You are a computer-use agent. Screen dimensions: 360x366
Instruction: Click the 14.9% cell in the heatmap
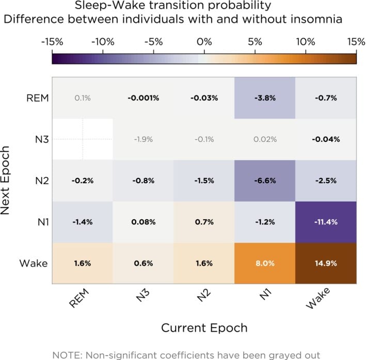coord(325,263)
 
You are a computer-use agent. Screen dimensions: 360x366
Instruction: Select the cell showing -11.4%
coord(325,222)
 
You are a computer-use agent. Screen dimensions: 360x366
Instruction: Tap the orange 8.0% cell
coord(264,263)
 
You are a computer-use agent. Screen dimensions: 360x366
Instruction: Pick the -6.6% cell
coord(264,181)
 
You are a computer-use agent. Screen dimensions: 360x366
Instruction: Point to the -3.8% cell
coord(264,98)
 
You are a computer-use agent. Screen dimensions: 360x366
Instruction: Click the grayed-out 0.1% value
coord(82,98)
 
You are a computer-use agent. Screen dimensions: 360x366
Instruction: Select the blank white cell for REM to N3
coord(82,139)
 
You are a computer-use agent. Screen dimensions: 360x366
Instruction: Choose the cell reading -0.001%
coord(143,98)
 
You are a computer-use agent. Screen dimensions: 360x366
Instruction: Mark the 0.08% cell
coord(143,222)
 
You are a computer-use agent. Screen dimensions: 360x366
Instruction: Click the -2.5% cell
coord(325,181)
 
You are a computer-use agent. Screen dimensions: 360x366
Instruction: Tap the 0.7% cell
coord(203,222)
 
